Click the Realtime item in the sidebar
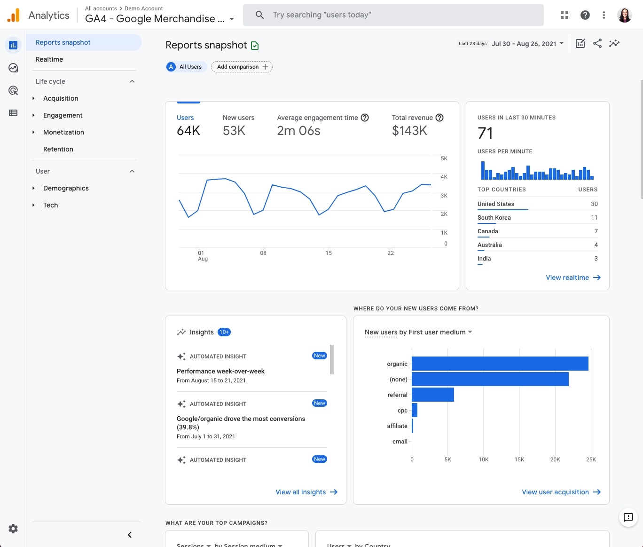click(49, 59)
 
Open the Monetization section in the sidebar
click(63, 132)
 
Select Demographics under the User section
click(66, 188)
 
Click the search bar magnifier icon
click(259, 15)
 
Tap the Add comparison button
click(242, 67)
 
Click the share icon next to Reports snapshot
click(597, 44)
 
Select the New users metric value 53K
click(234, 131)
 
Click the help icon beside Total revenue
click(439, 118)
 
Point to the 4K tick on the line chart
click(444, 177)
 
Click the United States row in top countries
click(496, 204)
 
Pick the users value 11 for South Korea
click(594, 218)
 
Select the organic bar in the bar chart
click(500, 364)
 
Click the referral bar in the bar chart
click(432, 395)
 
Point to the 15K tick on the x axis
click(519, 460)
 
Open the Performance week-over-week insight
click(220, 371)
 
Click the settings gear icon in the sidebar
click(13, 529)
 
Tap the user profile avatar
click(624, 15)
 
